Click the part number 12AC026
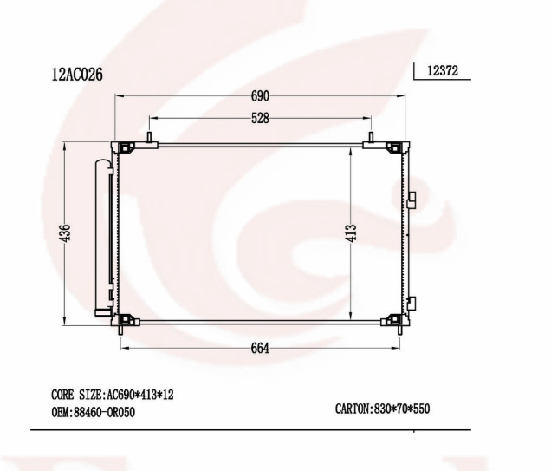coord(77,75)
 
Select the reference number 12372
coord(443,71)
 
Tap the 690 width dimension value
coord(260,95)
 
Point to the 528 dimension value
coord(260,118)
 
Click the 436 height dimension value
coord(65,232)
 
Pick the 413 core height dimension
coord(351,232)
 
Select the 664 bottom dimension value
coord(260,348)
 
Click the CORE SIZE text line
coord(113,395)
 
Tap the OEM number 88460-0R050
coord(93,412)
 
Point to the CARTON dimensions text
coord(382,409)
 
